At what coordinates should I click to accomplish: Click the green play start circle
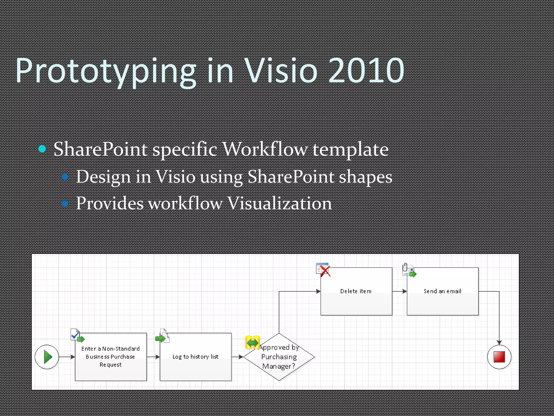coord(47,357)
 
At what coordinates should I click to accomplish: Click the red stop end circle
coord(499,357)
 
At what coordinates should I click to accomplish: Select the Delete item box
coord(356,291)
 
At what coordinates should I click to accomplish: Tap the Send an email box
coord(443,291)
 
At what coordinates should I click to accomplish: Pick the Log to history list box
coord(196,357)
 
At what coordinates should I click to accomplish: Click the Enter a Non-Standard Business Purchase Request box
coord(111,357)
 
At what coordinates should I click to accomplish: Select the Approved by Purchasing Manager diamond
coord(279,357)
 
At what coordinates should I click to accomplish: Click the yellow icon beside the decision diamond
coord(253,343)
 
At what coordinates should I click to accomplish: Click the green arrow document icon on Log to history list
coord(162,336)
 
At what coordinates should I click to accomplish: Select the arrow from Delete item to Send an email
coord(400,291)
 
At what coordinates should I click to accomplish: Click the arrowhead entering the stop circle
coord(499,343)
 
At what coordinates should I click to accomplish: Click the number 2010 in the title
coord(366,71)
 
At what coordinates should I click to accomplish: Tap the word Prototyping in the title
coord(105,71)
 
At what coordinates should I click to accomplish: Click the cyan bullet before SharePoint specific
coord(42,148)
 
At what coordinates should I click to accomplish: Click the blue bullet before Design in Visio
coord(65,177)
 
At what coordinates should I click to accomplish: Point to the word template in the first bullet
coord(351,149)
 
